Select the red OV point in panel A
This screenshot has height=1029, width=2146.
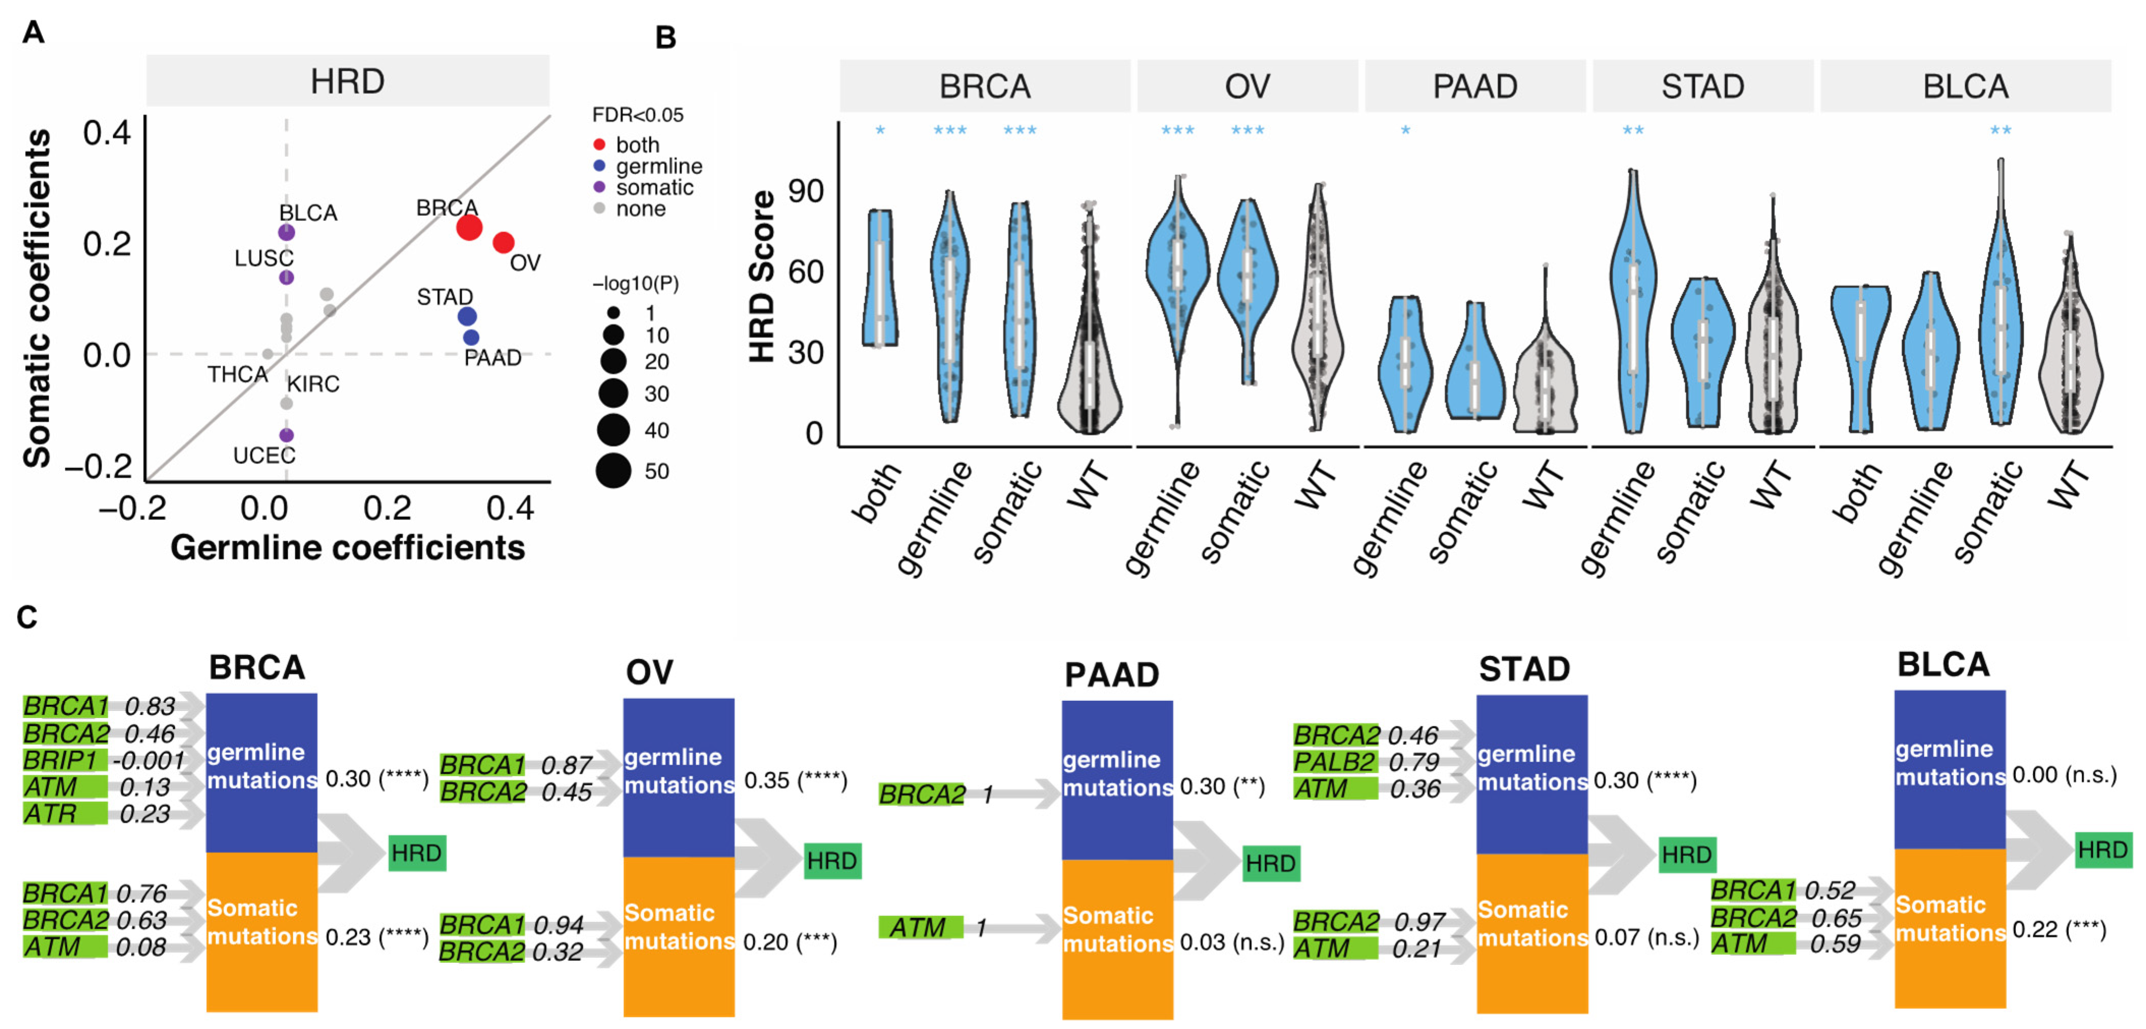[503, 242]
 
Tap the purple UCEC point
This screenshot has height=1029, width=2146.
[286, 435]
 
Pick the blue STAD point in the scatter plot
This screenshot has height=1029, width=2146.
[467, 317]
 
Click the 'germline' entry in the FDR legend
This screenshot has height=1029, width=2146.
[658, 166]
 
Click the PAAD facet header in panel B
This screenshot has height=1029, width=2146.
[1475, 86]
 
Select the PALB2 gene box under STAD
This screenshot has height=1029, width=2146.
[1335, 761]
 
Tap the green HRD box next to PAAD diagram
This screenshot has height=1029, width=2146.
[1271, 863]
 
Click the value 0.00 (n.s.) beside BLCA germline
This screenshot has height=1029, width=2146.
[2064, 775]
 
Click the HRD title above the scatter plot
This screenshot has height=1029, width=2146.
[347, 81]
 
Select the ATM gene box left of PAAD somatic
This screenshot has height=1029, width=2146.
[920, 927]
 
